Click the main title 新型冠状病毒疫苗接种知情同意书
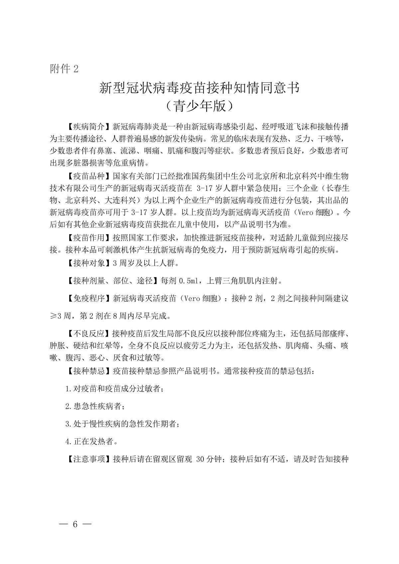(x=199, y=88)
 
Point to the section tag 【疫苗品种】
(x=89, y=176)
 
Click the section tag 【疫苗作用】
(x=89, y=238)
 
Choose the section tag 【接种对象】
(x=89, y=264)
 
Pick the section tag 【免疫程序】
(x=89, y=298)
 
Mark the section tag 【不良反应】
(x=89, y=334)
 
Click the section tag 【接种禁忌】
(x=89, y=371)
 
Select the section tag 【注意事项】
(x=89, y=460)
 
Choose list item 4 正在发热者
(x=91, y=442)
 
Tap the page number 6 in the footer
(x=75, y=524)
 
